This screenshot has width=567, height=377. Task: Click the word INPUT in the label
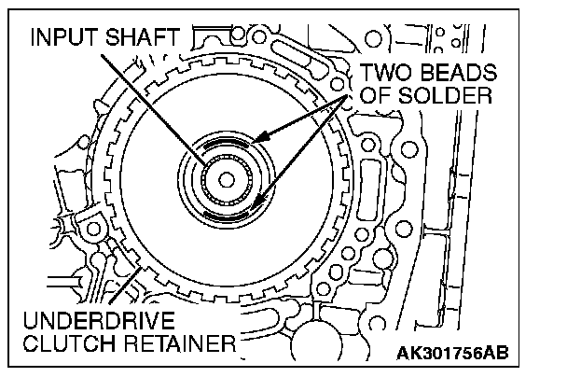click(x=64, y=37)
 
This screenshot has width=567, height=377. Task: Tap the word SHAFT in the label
click(x=143, y=37)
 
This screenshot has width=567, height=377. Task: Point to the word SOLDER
click(x=445, y=96)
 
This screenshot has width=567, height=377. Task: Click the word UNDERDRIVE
click(x=99, y=320)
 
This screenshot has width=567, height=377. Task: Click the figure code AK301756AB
click(x=452, y=353)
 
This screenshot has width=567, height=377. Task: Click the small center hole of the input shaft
click(x=227, y=180)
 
